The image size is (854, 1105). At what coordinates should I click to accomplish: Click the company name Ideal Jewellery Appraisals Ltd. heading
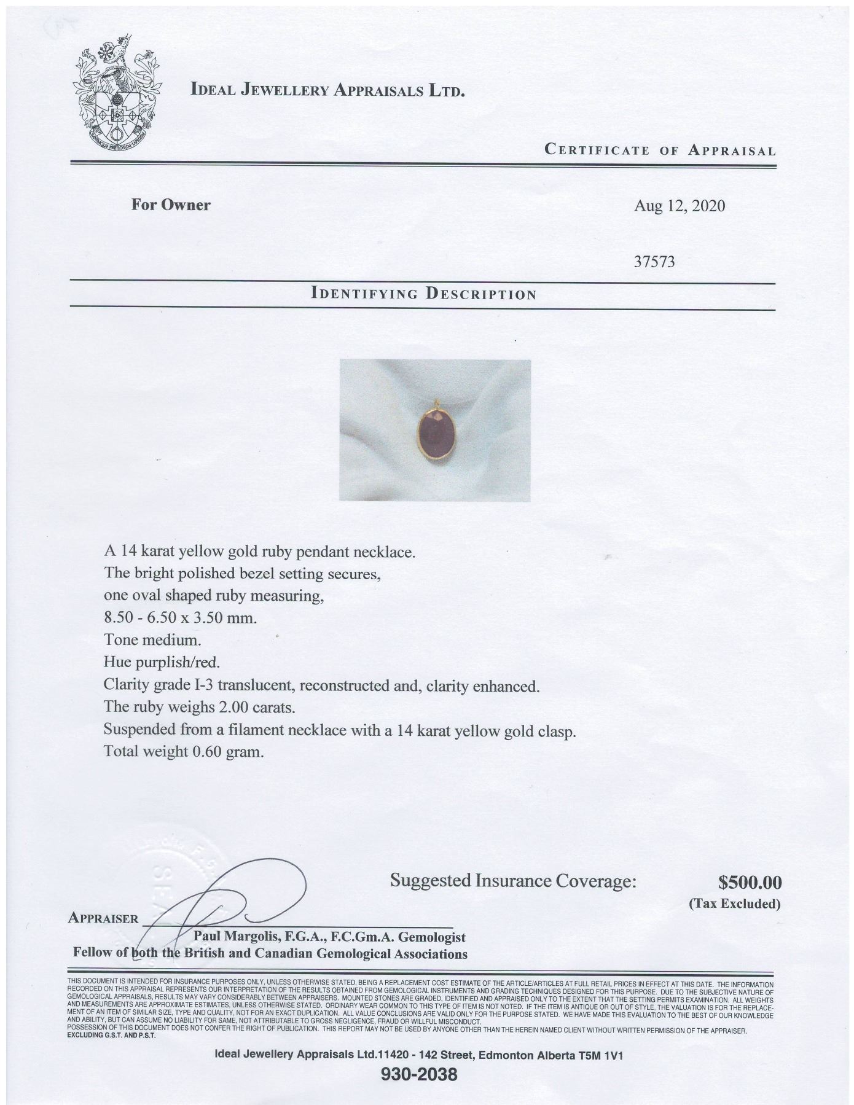(327, 90)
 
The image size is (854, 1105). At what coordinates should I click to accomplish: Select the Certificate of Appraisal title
(660, 150)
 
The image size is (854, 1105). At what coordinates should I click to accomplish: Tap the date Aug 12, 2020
(679, 206)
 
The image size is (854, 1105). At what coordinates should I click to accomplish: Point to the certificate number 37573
(654, 262)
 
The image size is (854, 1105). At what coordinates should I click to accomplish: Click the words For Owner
(170, 205)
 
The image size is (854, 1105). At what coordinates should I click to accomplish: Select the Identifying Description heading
(424, 294)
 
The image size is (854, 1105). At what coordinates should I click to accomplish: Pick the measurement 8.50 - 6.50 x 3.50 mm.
(180, 618)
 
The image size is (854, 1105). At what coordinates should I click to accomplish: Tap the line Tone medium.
(152, 640)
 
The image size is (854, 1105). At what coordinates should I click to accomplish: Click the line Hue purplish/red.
(162, 663)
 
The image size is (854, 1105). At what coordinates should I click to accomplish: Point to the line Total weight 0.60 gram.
(184, 751)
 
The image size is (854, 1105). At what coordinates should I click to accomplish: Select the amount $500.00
(750, 883)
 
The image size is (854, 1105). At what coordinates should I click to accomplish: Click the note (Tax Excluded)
(734, 904)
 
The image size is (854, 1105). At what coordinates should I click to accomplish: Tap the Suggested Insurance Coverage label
(513, 881)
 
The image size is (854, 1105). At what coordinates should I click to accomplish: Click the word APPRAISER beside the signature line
(104, 918)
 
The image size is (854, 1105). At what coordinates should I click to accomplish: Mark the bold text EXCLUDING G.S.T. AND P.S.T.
(111, 1035)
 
